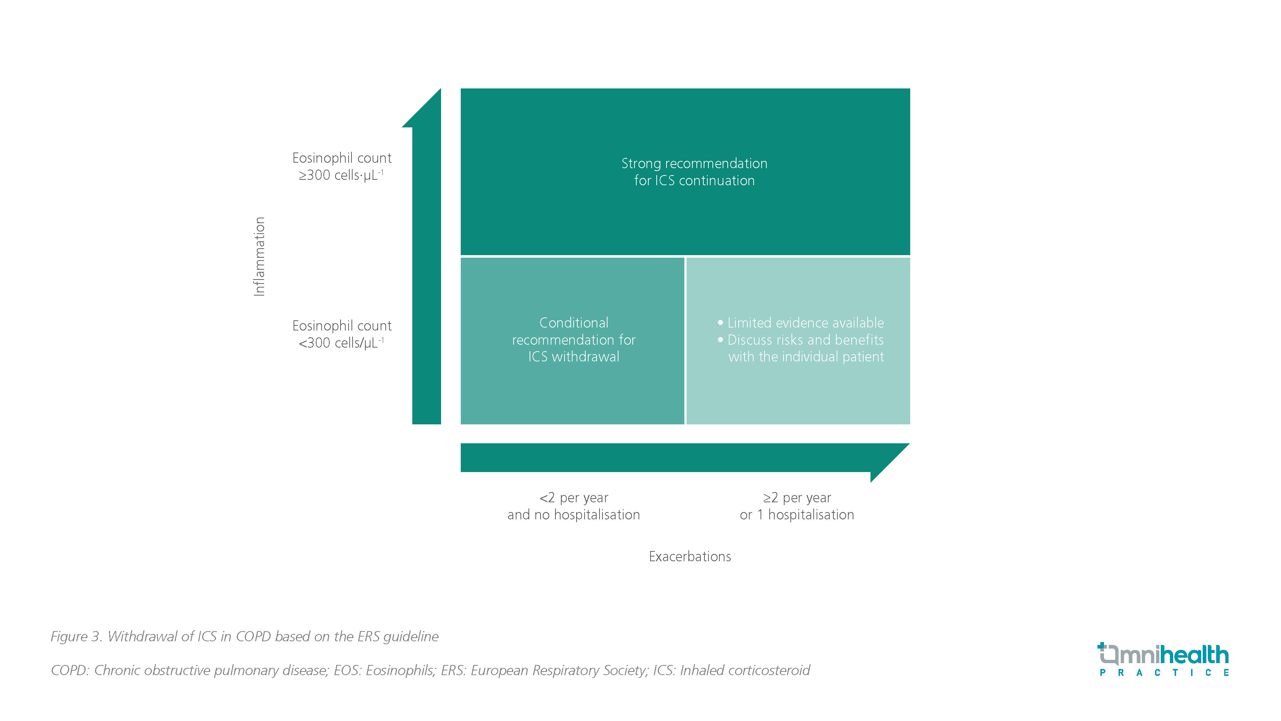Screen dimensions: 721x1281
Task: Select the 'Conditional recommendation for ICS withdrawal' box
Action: pos(573,340)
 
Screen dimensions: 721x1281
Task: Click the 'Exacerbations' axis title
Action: pos(690,556)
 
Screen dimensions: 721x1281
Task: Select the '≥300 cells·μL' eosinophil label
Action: pos(341,175)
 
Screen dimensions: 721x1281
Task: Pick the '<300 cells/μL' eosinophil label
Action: pos(341,343)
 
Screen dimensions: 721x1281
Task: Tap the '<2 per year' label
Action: pos(573,498)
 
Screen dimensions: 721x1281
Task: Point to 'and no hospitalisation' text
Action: pos(573,515)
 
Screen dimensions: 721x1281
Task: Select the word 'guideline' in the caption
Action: pos(411,637)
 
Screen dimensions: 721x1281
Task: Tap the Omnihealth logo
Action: pos(1163,655)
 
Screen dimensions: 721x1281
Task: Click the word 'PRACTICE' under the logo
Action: pos(1164,673)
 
